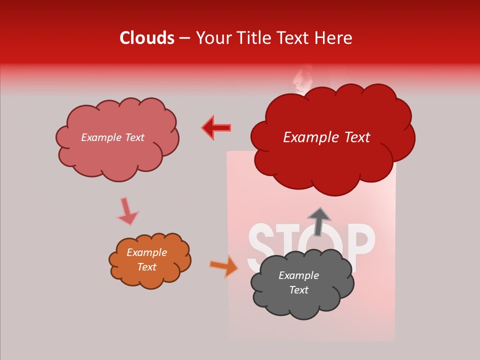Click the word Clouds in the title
point(147,38)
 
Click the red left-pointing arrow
point(216,127)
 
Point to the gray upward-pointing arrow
point(318,221)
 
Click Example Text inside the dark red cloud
point(326,137)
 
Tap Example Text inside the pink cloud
point(112,137)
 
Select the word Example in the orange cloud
point(146,252)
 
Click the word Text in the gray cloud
point(298,290)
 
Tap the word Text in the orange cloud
point(146,267)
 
